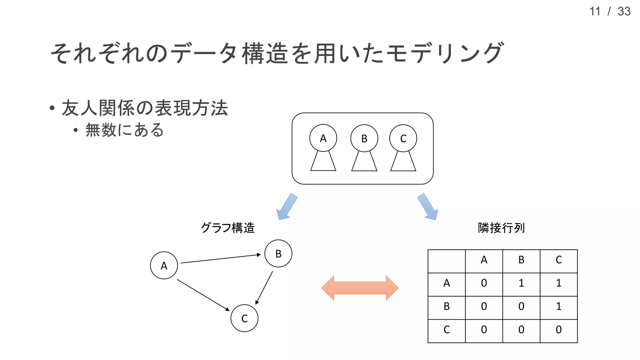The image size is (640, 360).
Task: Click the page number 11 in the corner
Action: [595, 12]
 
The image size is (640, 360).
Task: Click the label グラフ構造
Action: [227, 228]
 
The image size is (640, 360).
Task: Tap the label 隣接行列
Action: [501, 228]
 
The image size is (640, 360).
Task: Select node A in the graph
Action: [164, 265]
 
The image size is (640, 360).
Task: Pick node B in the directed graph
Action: [278, 253]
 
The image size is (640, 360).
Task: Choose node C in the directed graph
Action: [244, 318]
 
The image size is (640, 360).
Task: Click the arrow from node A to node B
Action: [220, 259]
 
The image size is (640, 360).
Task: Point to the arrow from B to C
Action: [264, 287]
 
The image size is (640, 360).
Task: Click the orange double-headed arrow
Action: [360, 288]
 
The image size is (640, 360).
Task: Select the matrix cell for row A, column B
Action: [521, 283]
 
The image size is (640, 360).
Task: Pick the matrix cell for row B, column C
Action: [559, 306]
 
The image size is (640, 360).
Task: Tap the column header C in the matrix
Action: [559, 260]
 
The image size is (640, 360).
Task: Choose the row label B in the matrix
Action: [447, 306]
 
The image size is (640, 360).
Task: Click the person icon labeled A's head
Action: [323, 138]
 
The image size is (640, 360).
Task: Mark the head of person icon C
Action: [403, 138]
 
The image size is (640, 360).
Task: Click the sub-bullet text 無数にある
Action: [124, 130]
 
